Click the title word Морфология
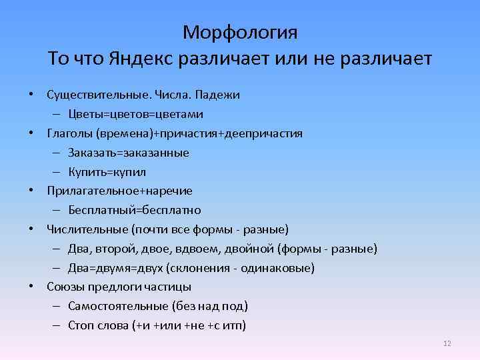[240, 32]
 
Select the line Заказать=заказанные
[128, 153]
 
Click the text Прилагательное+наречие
[119, 191]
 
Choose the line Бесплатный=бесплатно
[134, 210]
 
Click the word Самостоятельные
[118, 306]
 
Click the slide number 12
[447, 343]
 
